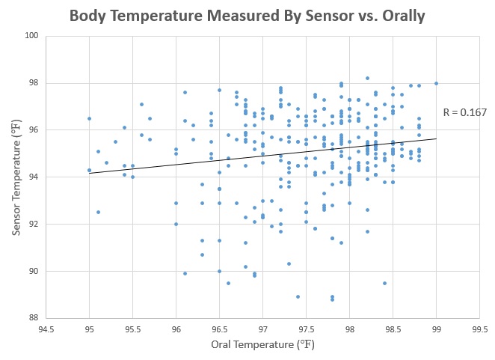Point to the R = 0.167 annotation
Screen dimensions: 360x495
(x=464, y=113)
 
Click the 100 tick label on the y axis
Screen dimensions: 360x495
(x=32, y=36)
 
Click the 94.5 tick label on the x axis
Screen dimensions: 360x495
(x=46, y=329)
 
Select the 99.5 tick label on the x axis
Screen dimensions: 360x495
(x=479, y=329)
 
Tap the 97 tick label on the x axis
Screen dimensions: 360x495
(x=262, y=329)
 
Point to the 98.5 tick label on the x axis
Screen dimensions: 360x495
(x=393, y=329)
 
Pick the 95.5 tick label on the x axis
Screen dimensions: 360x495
(x=132, y=329)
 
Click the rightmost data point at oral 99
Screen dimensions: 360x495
(x=436, y=83)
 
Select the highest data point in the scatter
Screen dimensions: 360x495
(x=367, y=78)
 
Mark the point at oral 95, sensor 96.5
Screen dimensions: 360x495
(x=89, y=118)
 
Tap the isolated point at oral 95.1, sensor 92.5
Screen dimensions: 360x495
(x=98, y=212)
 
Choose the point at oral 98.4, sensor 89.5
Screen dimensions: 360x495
(x=384, y=283)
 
